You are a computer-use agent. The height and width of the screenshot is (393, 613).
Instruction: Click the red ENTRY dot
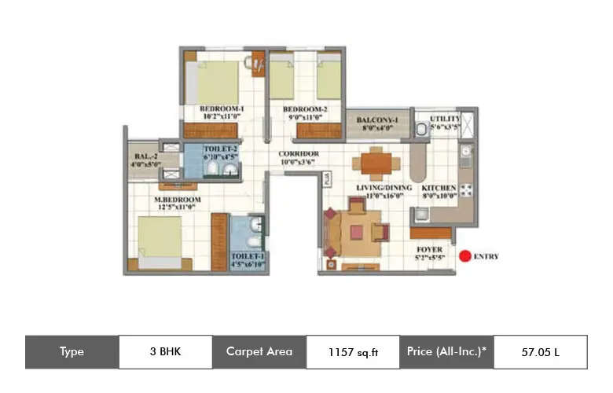click(465, 255)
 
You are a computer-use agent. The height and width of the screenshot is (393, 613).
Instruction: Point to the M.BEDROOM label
click(177, 200)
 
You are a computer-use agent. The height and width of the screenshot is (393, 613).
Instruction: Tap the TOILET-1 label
click(248, 256)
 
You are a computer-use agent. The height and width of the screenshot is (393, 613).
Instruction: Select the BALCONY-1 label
click(377, 120)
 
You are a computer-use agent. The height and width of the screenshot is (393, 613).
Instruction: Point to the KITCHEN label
click(438, 189)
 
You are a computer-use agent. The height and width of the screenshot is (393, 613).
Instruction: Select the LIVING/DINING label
click(379, 189)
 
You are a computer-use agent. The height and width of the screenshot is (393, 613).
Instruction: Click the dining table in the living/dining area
click(378, 163)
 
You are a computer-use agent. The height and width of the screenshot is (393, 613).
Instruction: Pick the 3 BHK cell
click(165, 352)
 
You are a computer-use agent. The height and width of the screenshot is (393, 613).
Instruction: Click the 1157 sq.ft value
click(353, 352)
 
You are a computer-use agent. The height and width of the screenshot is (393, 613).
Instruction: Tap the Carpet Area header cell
click(259, 352)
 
